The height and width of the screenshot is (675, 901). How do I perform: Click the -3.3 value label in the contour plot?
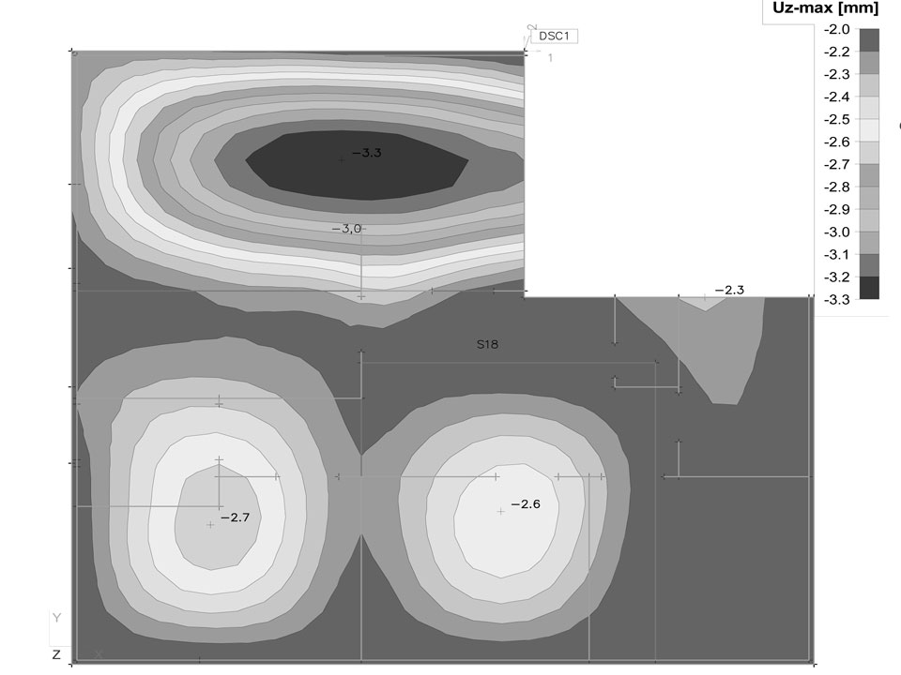367,153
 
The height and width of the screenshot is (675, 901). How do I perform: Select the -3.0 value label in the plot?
346,229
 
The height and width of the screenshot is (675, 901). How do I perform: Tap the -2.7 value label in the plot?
235,517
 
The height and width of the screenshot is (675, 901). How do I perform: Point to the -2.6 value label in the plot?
526,504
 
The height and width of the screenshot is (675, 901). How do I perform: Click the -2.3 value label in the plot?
730,291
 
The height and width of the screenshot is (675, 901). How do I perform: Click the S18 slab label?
487,344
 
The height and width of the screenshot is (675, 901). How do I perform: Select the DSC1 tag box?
555,37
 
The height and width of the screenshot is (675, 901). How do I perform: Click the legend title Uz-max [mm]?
825,8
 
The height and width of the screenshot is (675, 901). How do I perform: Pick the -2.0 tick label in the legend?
836,30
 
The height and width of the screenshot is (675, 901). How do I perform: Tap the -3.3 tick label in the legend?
836,300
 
